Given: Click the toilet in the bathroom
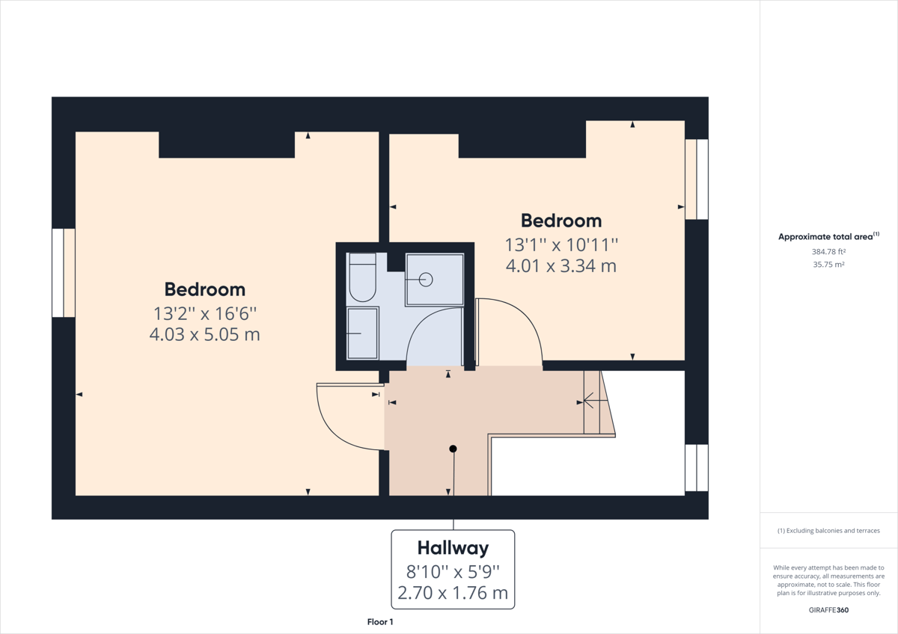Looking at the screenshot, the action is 362,277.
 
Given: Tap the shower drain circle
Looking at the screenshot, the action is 426,280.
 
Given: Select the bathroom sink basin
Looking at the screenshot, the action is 362,333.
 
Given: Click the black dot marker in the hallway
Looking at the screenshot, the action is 453,449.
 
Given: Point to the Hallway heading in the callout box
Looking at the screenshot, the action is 453,548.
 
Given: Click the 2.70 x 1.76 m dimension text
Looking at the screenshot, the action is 453,593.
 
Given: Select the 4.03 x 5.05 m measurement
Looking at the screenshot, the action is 205,334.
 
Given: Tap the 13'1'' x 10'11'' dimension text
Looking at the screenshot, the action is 561,245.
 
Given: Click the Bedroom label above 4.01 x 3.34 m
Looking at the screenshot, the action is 561,221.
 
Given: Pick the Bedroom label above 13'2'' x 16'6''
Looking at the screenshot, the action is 205,289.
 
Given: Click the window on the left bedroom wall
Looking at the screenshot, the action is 64,273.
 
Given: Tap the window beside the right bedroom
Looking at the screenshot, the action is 697,179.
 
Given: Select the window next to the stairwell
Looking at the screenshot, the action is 697,468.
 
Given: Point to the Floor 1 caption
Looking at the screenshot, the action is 380,622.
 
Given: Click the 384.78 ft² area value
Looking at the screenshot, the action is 828,251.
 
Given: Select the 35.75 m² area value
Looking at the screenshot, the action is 828,265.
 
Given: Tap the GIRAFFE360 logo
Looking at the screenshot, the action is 828,610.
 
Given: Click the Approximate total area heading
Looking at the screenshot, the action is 828,236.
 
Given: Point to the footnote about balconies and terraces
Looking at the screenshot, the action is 828,531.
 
